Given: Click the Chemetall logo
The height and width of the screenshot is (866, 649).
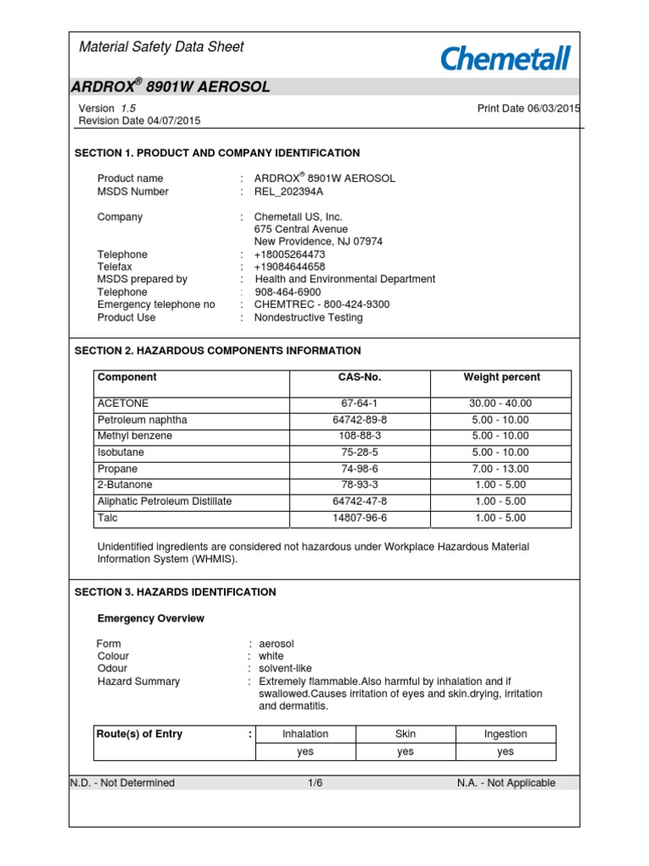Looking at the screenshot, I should pyautogui.click(x=505, y=58).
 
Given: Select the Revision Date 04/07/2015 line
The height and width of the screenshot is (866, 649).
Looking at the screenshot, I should pyautogui.click(x=139, y=121).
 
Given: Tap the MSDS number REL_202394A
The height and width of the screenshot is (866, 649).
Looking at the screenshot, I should pyautogui.click(x=289, y=191).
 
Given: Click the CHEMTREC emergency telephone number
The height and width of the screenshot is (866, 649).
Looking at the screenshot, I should pyautogui.click(x=322, y=304).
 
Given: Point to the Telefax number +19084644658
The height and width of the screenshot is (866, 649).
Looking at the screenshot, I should pyautogui.click(x=289, y=266).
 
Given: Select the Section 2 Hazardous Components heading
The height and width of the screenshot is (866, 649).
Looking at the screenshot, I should pyautogui.click(x=218, y=350).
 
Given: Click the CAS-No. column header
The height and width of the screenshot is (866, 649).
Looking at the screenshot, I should pyautogui.click(x=359, y=377).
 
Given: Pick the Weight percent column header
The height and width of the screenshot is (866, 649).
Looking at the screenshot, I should pyautogui.click(x=501, y=377).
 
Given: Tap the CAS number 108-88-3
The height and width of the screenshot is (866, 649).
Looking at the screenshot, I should pyautogui.click(x=359, y=436).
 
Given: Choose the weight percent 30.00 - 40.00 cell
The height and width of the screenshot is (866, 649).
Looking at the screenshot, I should pyautogui.click(x=501, y=403).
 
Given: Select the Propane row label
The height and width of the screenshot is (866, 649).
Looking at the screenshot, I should pyautogui.click(x=117, y=469).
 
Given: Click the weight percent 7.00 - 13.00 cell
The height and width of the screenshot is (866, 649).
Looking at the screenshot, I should pyautogui.click(x=501, y=469).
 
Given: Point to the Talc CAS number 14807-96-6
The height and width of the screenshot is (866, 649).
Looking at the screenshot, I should pyautogui.click(x=359, y=518).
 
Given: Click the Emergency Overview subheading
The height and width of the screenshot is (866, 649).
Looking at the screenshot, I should pyautogui.click(x=150, y=618).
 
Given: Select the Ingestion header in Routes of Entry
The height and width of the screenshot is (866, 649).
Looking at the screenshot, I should pyautogui.click(x=505, y=734).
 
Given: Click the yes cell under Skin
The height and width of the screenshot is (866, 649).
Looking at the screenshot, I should pyautogui.click(x=406, y=751).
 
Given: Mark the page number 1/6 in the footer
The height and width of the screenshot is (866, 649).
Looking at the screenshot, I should pyautogui.click(x=315, y=783).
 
